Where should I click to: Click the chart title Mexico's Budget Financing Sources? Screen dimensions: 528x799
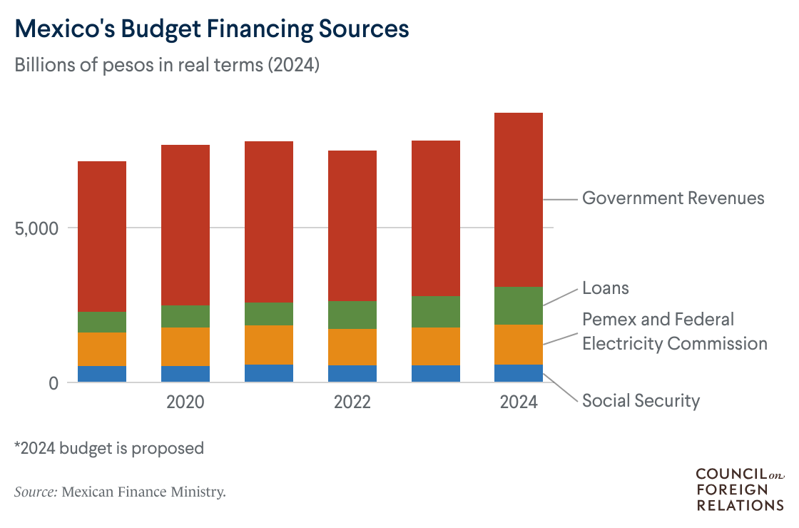(212, 29)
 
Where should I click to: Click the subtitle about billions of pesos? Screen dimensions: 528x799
(167, 66)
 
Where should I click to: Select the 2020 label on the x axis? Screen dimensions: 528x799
(185, 402)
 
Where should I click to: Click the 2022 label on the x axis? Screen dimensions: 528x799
(352, 402)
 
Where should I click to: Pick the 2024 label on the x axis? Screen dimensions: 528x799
(519, 402)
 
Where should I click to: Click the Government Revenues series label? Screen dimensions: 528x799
(673, 198)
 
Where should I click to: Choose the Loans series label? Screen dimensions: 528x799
(606, 288)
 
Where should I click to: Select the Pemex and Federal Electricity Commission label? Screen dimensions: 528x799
(674, 331)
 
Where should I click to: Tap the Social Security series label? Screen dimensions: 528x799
(641, 401)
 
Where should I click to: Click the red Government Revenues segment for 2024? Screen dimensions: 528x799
(519, 200)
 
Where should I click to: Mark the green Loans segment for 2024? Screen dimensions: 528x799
(519, 305)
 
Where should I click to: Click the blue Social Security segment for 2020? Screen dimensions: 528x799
(185, 374)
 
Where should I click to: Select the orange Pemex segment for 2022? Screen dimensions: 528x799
(352, 347)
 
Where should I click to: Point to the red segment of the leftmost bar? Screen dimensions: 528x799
(102, 235)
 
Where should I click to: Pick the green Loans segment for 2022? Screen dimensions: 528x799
(352, 315)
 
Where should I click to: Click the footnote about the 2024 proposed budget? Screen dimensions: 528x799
(109, 449)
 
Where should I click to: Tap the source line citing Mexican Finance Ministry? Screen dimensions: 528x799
(120, 492)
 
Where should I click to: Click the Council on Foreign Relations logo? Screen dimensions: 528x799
(739, 489)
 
